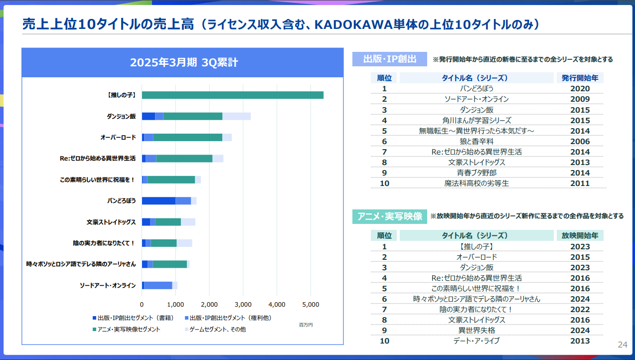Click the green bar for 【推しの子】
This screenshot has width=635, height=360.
coord(233,95)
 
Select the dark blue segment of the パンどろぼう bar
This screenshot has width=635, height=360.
coord(159,200)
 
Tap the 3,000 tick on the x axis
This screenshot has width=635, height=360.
coord(243,305)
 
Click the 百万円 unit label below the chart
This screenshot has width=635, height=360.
coord(306,325)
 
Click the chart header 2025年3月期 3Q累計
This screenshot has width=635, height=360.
coord(183,62)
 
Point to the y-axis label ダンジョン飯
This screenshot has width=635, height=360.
coord(121,116)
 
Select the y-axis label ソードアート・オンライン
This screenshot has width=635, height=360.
coord(108,285)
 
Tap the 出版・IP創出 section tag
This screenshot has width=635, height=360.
coord(389,59)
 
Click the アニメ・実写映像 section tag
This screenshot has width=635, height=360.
coord(389,216)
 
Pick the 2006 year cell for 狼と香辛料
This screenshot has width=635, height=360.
coord(580,141)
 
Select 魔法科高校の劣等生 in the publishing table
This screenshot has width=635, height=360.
coord(476,183)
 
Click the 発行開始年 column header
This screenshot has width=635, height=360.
coord(580,78)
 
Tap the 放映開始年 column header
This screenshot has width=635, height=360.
coord(580,235)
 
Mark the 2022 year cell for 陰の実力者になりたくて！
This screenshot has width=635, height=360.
coord(580,309)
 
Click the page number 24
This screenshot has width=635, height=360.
coord(623,345)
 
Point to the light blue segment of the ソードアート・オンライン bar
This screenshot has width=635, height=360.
coord(158,285)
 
